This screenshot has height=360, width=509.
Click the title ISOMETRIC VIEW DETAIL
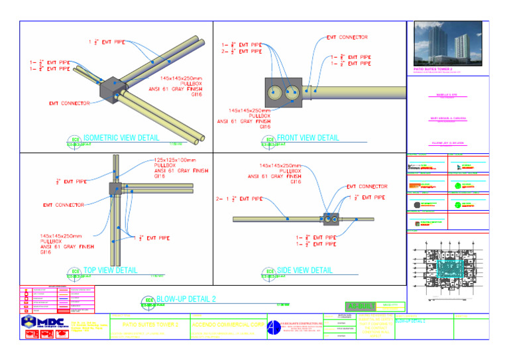click(x=121, y=139)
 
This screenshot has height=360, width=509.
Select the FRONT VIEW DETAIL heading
click(x=308, y=139)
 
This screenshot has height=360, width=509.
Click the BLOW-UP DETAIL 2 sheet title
click(x=186, y=299)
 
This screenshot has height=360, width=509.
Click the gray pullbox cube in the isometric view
click(x=113, y=90)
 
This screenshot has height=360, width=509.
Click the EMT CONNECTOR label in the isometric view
click(x=72, y=103)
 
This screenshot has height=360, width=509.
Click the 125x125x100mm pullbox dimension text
click(x=176, y=160)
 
